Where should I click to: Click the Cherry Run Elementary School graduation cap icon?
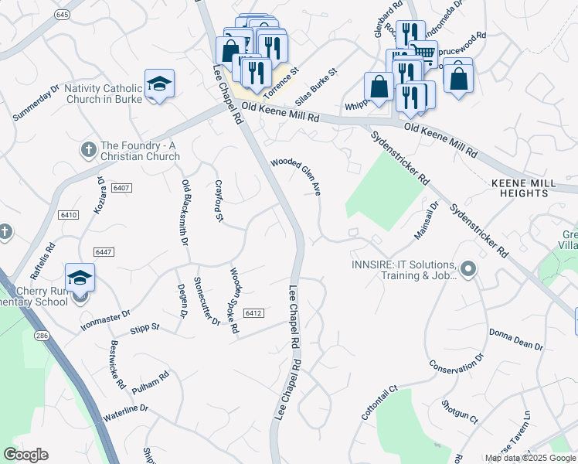pyautogui.click(x=80, y=278)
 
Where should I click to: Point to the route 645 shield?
pyautogui.click(x=63, y=15)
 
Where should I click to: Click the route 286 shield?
pyautogui.click(x=41, y=336)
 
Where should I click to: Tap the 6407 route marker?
pyautogui.click(x=121, y=187)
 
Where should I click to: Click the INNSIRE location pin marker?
pyautogui.click(x=467, y=270)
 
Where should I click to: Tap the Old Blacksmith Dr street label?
pyautogui.click(x=185, y=212)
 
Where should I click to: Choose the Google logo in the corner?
pyautogui.click(x=25, y=455)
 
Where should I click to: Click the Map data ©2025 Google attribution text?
pyautogui.click(x=530, y=458)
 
